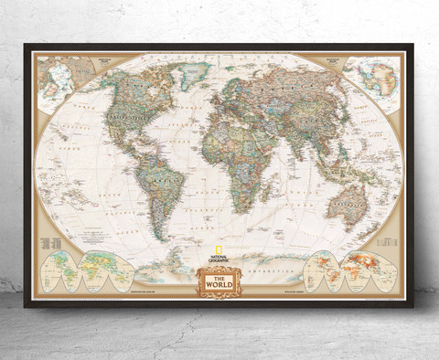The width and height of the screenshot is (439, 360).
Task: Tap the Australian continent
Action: tap(347, 205)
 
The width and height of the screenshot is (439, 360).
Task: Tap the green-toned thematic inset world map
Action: tap(78, 270)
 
